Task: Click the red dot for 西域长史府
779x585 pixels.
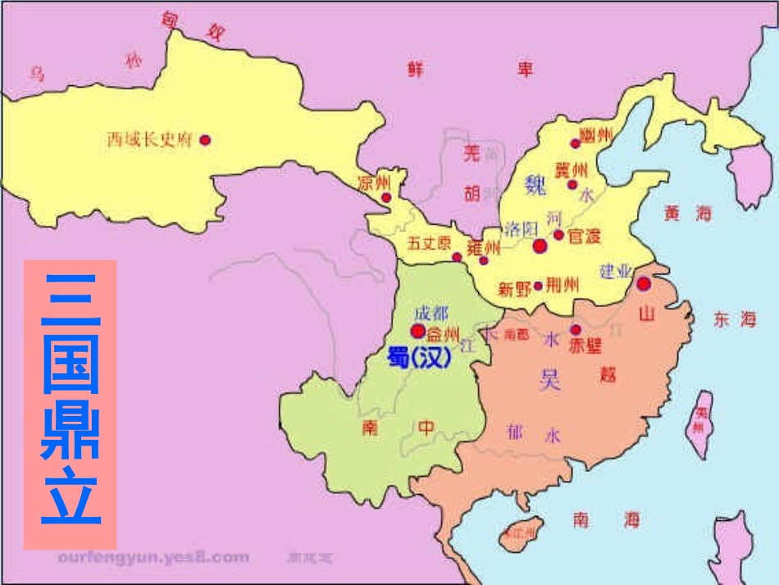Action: click(x=205, y=140)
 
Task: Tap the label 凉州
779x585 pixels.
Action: click(x=375, y=183)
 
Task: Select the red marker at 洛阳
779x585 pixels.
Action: click(x=540, y=245)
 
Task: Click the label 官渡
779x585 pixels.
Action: click(x=585, y=236)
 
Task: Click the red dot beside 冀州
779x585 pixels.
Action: click(x=572, y=184)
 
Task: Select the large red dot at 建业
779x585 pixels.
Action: click(x=644, y=284)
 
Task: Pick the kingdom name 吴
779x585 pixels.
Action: click(x=550, y=378)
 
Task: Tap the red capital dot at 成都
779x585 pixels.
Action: click(x=417, y=331)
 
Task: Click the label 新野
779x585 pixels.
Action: click(x=514, y=289)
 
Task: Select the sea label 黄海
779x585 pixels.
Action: click(x=689, y=213)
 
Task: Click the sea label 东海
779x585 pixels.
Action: click(x=734, y=320)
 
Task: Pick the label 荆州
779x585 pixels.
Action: click(x=563, y=286)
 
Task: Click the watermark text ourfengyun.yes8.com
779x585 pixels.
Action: click(x=153, y=558)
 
